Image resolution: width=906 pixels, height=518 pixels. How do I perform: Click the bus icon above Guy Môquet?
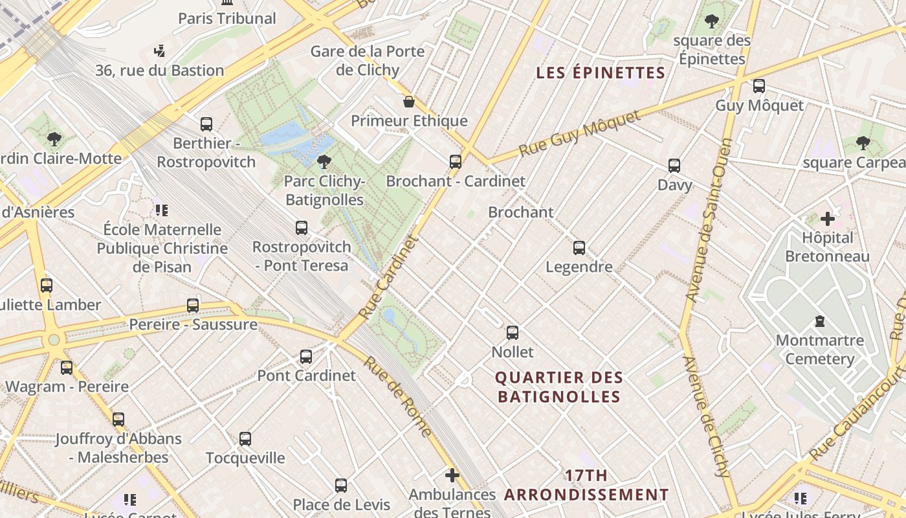(759, 85)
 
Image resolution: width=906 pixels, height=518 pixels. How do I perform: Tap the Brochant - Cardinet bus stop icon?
(456, 161)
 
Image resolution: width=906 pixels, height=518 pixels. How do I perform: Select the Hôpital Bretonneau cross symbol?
(828, 219)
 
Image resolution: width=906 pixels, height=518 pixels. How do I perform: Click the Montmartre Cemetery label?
(820, 350)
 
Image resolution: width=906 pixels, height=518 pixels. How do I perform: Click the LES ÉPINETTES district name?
(601, 73)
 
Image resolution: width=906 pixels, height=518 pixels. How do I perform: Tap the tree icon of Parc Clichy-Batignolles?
(324, 162)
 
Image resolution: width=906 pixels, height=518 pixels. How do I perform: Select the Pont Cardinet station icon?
(306, 356)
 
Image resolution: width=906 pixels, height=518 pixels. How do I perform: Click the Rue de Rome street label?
(397, 396)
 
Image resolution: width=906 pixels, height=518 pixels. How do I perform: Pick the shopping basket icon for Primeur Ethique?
(409, 102)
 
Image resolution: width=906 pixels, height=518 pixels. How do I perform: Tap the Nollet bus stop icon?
(513, 333)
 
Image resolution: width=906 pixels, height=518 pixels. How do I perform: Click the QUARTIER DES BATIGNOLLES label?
(559, 387)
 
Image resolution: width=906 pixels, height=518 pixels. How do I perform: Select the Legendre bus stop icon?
(579, 247)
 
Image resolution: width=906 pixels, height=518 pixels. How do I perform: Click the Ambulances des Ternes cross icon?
(452, 476)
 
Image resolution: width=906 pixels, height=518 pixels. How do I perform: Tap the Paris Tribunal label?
(227, 18)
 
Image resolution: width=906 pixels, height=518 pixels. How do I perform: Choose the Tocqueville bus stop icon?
(245, 438)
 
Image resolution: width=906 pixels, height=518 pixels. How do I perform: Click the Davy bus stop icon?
(674, 166)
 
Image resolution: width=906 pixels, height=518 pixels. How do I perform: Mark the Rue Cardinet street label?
(388, 277)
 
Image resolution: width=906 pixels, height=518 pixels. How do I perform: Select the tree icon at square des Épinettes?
(712, 21)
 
